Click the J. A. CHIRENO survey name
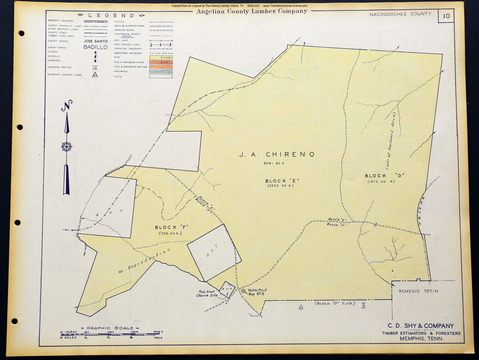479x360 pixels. (277, 154)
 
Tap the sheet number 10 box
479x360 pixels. (446, 16)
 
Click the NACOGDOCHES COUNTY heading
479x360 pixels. (400, 14)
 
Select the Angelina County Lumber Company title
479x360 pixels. (252, 11)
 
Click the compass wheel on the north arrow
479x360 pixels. (67, 147)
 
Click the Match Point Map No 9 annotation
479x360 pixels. (257, 292)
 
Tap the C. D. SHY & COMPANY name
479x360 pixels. (421, 326)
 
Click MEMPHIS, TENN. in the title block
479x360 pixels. (421, 338)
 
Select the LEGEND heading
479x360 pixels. (111, 15)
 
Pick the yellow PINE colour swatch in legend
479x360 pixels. (161, 58)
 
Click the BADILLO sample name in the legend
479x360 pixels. (95, 48)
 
